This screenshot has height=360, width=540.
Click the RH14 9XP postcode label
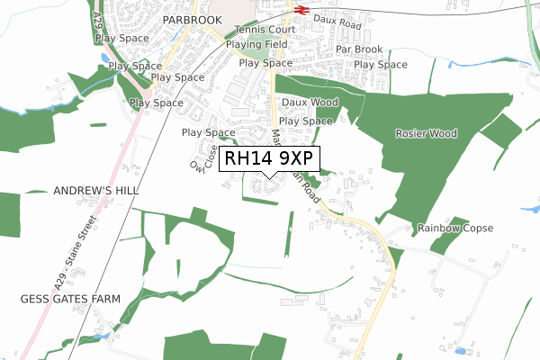point(269,158)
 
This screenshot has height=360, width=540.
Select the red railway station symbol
point(300,10)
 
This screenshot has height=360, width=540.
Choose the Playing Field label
point(256,44)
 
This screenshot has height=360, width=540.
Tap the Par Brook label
point(359,49)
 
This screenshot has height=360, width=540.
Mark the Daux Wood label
point(310,103)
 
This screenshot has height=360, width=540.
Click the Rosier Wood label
point(426,133)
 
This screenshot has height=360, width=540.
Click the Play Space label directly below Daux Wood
point(306,121)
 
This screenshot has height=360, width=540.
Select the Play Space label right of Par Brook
point(381,65)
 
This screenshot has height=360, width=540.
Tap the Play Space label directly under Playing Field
point(265,63)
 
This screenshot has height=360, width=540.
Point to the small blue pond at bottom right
point(463,349)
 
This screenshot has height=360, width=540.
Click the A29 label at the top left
point(96,20)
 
